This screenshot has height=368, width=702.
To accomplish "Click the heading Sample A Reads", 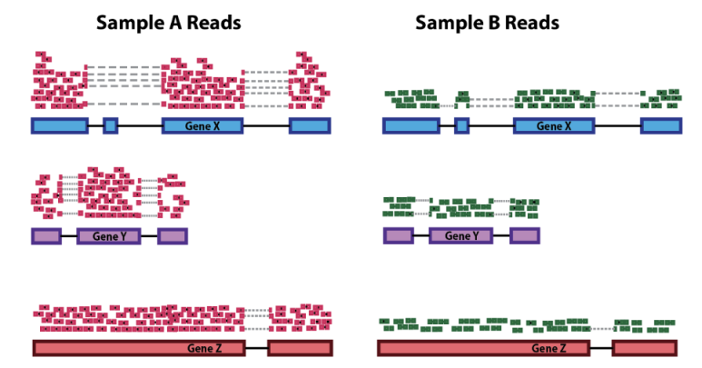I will [169, 22].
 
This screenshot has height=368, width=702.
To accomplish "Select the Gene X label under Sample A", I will [203, 125].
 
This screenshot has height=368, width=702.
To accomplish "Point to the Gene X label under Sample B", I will [554, 125].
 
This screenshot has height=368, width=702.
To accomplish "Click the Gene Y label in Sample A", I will [110, 236].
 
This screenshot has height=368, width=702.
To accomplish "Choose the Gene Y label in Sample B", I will [461, 236].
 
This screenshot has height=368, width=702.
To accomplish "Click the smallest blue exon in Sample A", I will [111, 125].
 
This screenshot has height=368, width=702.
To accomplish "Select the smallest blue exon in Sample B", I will [461, 125].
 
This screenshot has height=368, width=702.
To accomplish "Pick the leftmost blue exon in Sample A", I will [60, 125].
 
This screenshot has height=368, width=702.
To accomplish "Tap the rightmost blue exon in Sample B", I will [660, 125].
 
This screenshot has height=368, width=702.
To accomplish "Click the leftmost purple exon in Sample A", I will [46, 236].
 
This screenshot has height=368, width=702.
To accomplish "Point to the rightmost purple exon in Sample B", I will [524, 236].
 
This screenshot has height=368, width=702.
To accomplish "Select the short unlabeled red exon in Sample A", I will [301, 348].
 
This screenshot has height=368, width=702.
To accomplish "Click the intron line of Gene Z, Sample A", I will [255, 348].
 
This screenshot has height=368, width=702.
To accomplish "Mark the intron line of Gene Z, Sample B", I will [600, 348].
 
